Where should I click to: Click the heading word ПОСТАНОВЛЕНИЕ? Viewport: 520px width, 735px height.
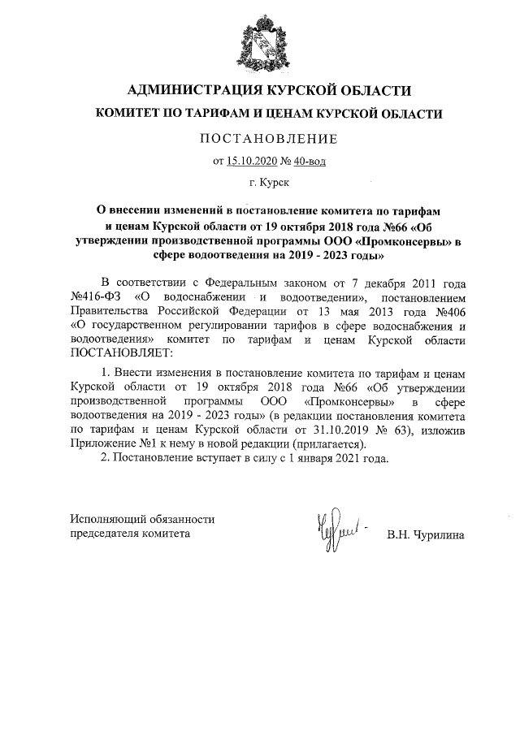pyautogui.click(x=269, y=139)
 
